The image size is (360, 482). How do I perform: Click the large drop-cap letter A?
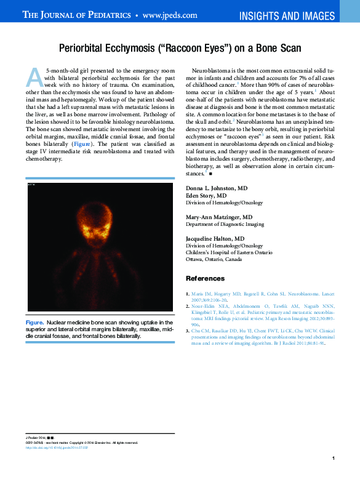tap(34, 77)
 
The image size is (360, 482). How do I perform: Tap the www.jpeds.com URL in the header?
tap(170, 15)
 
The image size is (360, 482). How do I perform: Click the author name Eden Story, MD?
tap(206, 195)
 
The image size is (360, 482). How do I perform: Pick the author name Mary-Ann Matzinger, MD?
tap(219, 218)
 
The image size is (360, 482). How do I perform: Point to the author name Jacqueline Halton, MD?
tap(215, 238)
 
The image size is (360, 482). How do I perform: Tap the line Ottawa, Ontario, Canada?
tap(214, 260)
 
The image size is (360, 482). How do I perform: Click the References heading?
tap(205, 279)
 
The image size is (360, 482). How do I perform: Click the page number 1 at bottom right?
tap(332, 459)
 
